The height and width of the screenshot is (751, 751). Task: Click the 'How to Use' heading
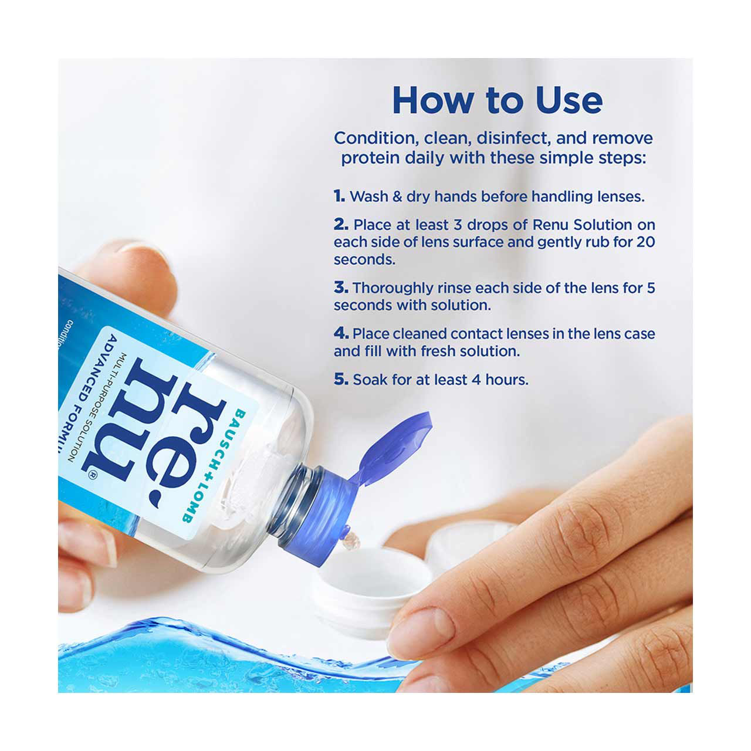(x=498, y=100)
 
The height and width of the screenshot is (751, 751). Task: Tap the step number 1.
(x=339, y=196)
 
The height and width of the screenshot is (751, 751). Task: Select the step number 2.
(x=341, y=225)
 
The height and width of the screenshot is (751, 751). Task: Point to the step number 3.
(x=341, y=287)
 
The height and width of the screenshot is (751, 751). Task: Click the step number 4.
(x=341, y=333)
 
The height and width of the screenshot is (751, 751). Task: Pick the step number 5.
(x=341, y=379)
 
